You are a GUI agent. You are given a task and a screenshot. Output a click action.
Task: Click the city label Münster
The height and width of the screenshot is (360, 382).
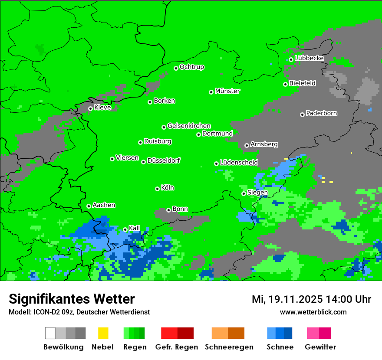click(227, 91)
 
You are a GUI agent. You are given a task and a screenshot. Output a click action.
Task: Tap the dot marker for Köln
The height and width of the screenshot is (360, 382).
click(157, 189)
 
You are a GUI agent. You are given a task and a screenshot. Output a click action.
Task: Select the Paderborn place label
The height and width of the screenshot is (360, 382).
click(321, 114)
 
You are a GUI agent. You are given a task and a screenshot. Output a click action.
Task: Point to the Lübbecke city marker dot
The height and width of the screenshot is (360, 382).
click(291, 59)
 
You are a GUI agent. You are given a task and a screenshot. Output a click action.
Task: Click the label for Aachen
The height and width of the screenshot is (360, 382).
click(104, 205)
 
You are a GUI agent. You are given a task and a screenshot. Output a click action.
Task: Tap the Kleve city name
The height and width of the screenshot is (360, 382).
click(102, 108)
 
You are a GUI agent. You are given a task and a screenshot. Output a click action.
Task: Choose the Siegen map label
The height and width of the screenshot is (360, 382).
click(257, 193)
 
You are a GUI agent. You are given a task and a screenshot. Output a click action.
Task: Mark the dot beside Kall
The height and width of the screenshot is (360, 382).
click(125, 229)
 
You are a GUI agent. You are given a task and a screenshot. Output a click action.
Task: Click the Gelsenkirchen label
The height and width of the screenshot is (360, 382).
click(189, 126)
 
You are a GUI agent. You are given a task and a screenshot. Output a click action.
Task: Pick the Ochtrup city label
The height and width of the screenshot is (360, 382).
click(191, 67)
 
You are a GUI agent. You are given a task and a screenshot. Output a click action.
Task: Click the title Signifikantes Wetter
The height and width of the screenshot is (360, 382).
click(72, 299)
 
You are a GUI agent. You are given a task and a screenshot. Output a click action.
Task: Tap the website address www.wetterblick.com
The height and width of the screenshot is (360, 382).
click(313, 312)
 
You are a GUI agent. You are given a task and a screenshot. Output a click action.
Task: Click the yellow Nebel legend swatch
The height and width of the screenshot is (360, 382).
click(103, 333)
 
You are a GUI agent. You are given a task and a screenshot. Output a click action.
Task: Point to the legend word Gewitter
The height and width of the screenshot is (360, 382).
click(320, 347)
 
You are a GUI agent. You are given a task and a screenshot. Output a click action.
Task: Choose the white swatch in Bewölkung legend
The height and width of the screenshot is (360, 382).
click(50, 333)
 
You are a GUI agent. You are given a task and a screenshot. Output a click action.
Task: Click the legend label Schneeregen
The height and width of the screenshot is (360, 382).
click(223, 347)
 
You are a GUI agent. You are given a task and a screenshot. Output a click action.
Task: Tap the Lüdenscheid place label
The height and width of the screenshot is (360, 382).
click(239, 163)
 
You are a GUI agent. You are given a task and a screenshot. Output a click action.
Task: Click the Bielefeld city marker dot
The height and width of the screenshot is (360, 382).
click(285, 84)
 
